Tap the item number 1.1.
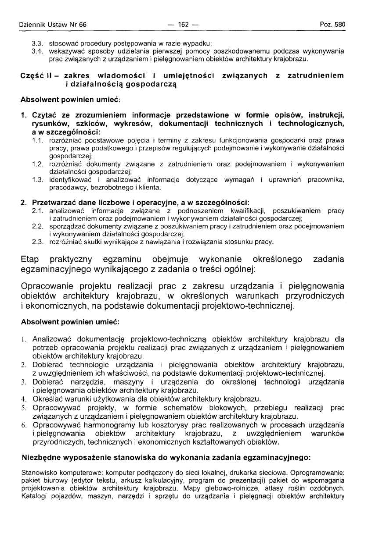[38, 140]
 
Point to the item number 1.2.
[38, 164]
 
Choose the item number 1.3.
[38, 180]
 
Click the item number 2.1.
[38, 211]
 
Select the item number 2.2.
[38, 226]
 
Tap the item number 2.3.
[38, 242]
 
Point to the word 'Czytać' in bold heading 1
[44, 116]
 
